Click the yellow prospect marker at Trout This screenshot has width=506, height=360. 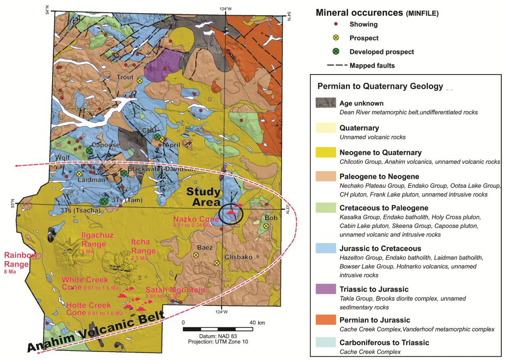[x=140, y=81]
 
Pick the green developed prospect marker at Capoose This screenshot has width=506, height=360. [x=89, y=150]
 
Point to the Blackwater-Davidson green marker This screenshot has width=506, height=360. [x=123, y=173]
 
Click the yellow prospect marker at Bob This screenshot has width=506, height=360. [x=266, y=226]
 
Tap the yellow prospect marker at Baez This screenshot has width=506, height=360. [x=196, y=255]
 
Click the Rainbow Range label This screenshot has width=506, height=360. [x=21, y=259]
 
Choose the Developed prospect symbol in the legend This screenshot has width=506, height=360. [x=336, y=52]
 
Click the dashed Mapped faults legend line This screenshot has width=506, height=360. [x=336, y=65]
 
